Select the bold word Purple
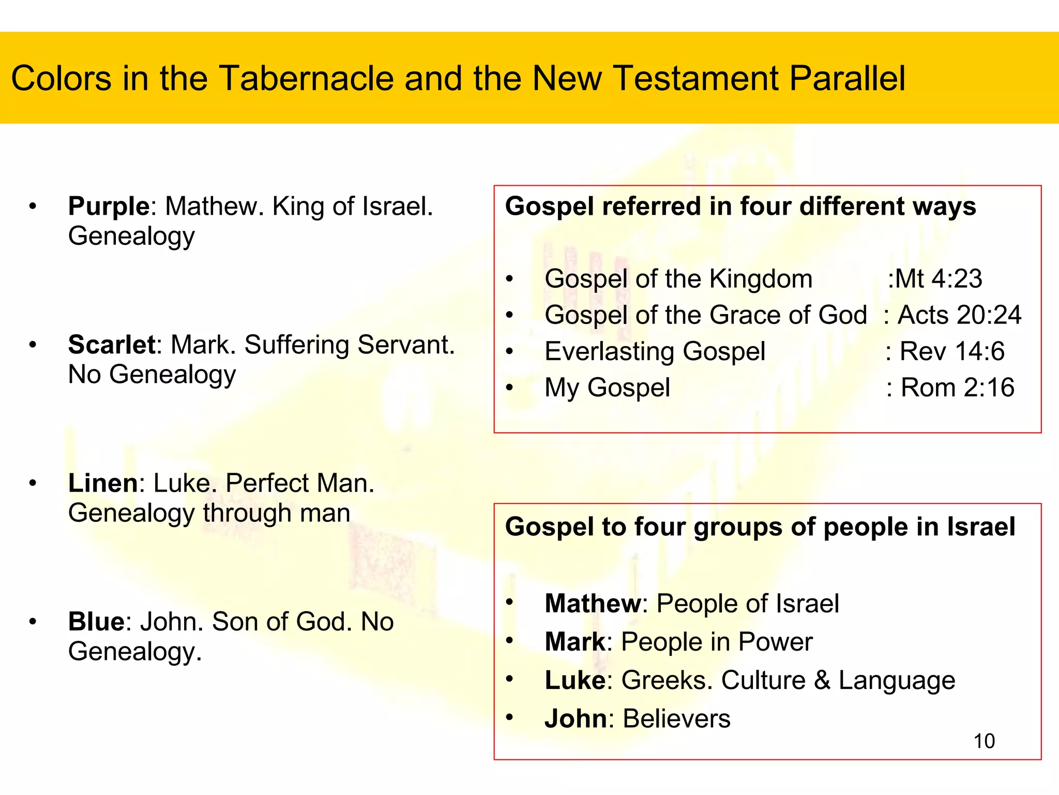tap(109, 206)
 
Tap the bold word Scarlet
tap(112, 345)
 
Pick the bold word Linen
tap(103, 483)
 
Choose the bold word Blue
tap(96, 622)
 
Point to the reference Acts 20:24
tap(959, 315)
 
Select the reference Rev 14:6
tap(951, 351)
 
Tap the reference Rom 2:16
tap(957, 388)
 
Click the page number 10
tap(984, 741)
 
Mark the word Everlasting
tap(610, 351)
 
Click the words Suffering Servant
tap(350, 345)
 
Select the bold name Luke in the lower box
tap(574, 680)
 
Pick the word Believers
tap(676, 719)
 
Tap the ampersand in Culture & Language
tap(822, 680)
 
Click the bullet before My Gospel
tap(510, 388)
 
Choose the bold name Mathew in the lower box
tap(593, 603)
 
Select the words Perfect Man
tap(300, 483)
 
